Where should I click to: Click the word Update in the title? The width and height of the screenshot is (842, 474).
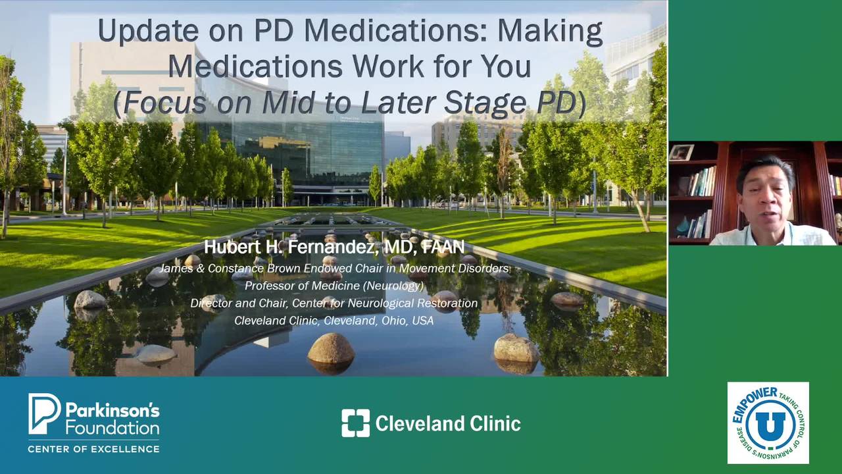pyautogui.click(x=148, y=31)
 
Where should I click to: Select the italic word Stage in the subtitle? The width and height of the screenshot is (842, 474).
pyautogui.click(x=485, y=102)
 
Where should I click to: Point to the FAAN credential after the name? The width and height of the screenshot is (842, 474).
pyautogui.click(x=443, y=247)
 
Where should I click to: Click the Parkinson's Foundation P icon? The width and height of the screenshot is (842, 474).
pyautogui.click(x=44, y=413)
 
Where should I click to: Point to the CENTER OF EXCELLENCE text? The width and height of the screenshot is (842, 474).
pyautogui.click(x=93, y=449)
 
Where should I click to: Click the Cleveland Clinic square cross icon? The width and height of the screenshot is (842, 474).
pyautogui.click(x=356, y=423)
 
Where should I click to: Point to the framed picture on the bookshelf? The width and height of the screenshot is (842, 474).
pyautogui.click(x=681, y=152)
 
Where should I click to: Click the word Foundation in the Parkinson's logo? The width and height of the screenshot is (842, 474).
pyautogui.click(x=112, y=429)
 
